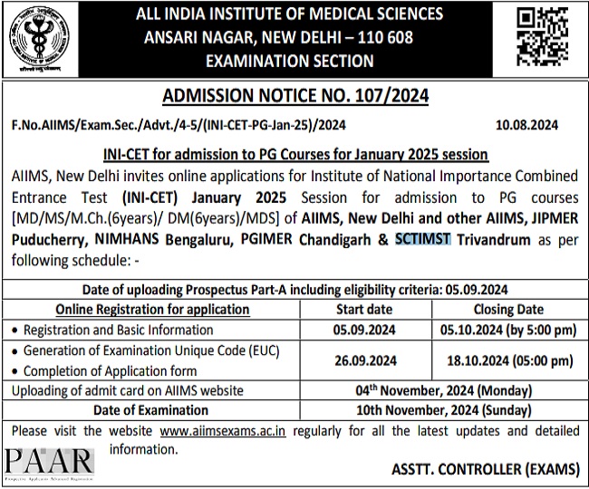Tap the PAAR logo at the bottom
(x=49, y=463)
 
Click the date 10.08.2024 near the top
(x=527, y=124)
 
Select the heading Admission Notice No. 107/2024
(x=294, y=96)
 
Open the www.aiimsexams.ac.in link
(x=222, y=430)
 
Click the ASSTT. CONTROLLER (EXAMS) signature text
(x=486, y=469)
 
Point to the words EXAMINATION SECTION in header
(x=290, y=62)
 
